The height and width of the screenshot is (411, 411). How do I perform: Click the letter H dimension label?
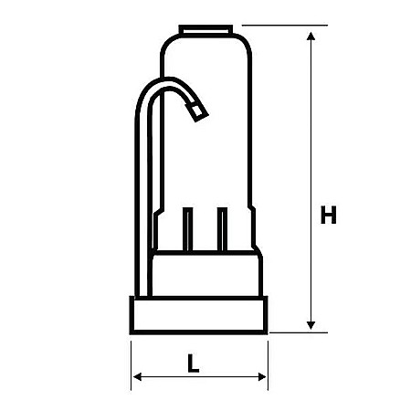pyautogui.click(x=330, y=216)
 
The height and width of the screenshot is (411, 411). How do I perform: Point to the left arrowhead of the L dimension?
pyautogui.click(x=138, y=376)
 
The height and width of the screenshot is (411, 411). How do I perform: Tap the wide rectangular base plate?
pyautogui.click(x=199, y=314)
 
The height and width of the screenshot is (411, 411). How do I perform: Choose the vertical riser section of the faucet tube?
pyautogui.click(x=145, y=201)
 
